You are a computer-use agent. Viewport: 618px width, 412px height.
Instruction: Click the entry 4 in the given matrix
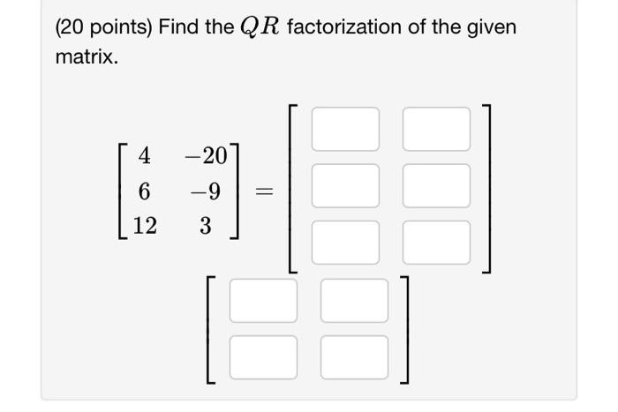[x=145, y=156]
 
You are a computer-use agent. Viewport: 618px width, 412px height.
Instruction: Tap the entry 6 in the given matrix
[x=145, y=191]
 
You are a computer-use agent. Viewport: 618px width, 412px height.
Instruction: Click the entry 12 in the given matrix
[x=145, y=226]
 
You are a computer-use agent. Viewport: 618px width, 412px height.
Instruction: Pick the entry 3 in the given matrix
[x=205, y=226]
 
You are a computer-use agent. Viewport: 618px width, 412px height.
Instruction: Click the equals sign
[x=264, y=191]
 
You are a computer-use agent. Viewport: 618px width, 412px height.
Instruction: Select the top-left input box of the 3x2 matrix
[x=345, y=129]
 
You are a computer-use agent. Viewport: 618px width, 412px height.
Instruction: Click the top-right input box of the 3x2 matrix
[x=436, y=129]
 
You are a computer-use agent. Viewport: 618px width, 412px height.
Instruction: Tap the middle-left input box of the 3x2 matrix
[x=345, y=185]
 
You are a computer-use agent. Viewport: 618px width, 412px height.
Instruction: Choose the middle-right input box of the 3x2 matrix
[x=436, y=185]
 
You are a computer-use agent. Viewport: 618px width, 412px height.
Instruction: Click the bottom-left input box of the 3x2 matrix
[x=345, y=241]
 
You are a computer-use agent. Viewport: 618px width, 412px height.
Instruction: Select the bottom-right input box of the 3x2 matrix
[x=436, y=241]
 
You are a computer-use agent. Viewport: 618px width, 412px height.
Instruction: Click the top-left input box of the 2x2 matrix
[x=263, y=301]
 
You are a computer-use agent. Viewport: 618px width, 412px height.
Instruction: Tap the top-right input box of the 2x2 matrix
[x=354, y=301]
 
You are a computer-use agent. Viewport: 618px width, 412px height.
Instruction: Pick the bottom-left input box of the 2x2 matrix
[x=263, y=356]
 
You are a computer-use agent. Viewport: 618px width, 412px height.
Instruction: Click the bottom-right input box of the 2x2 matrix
[x=354, y=356]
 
